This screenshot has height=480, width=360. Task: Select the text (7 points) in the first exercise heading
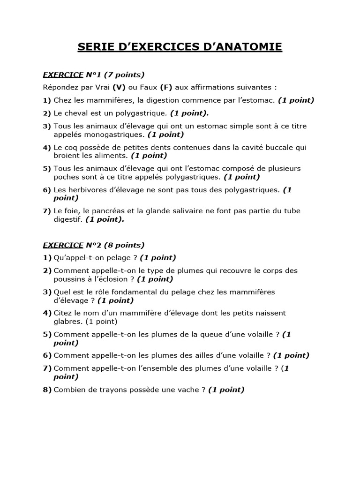coord(124,75)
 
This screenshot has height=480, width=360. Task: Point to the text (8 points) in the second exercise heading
coord(124,245)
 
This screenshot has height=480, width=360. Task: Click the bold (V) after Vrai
coord(119,87)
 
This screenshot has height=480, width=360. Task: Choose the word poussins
coord(68,279)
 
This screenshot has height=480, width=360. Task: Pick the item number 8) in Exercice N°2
coord(47,390)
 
